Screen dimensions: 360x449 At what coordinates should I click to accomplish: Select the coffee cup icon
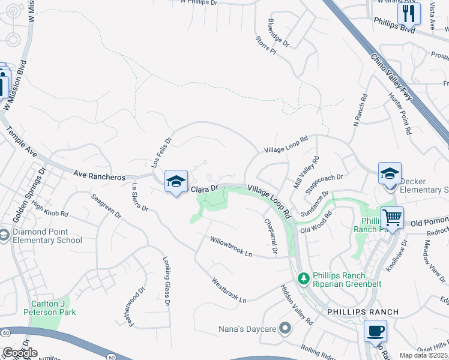point(375,331)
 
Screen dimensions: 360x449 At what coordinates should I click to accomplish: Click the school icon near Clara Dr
point(176,181)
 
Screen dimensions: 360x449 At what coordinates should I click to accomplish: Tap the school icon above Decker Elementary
point(390,173)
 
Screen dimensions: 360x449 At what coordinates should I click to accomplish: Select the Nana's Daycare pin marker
point(286,328)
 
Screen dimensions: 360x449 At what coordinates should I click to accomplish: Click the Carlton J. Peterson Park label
point(50,308)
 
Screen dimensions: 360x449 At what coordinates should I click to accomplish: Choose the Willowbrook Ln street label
point(231,247)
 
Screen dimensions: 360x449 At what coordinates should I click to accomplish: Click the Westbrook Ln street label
point(229,289)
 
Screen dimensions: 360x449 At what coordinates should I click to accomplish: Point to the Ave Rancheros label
point(99,177)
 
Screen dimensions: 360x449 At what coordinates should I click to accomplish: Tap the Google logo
point(20,353)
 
